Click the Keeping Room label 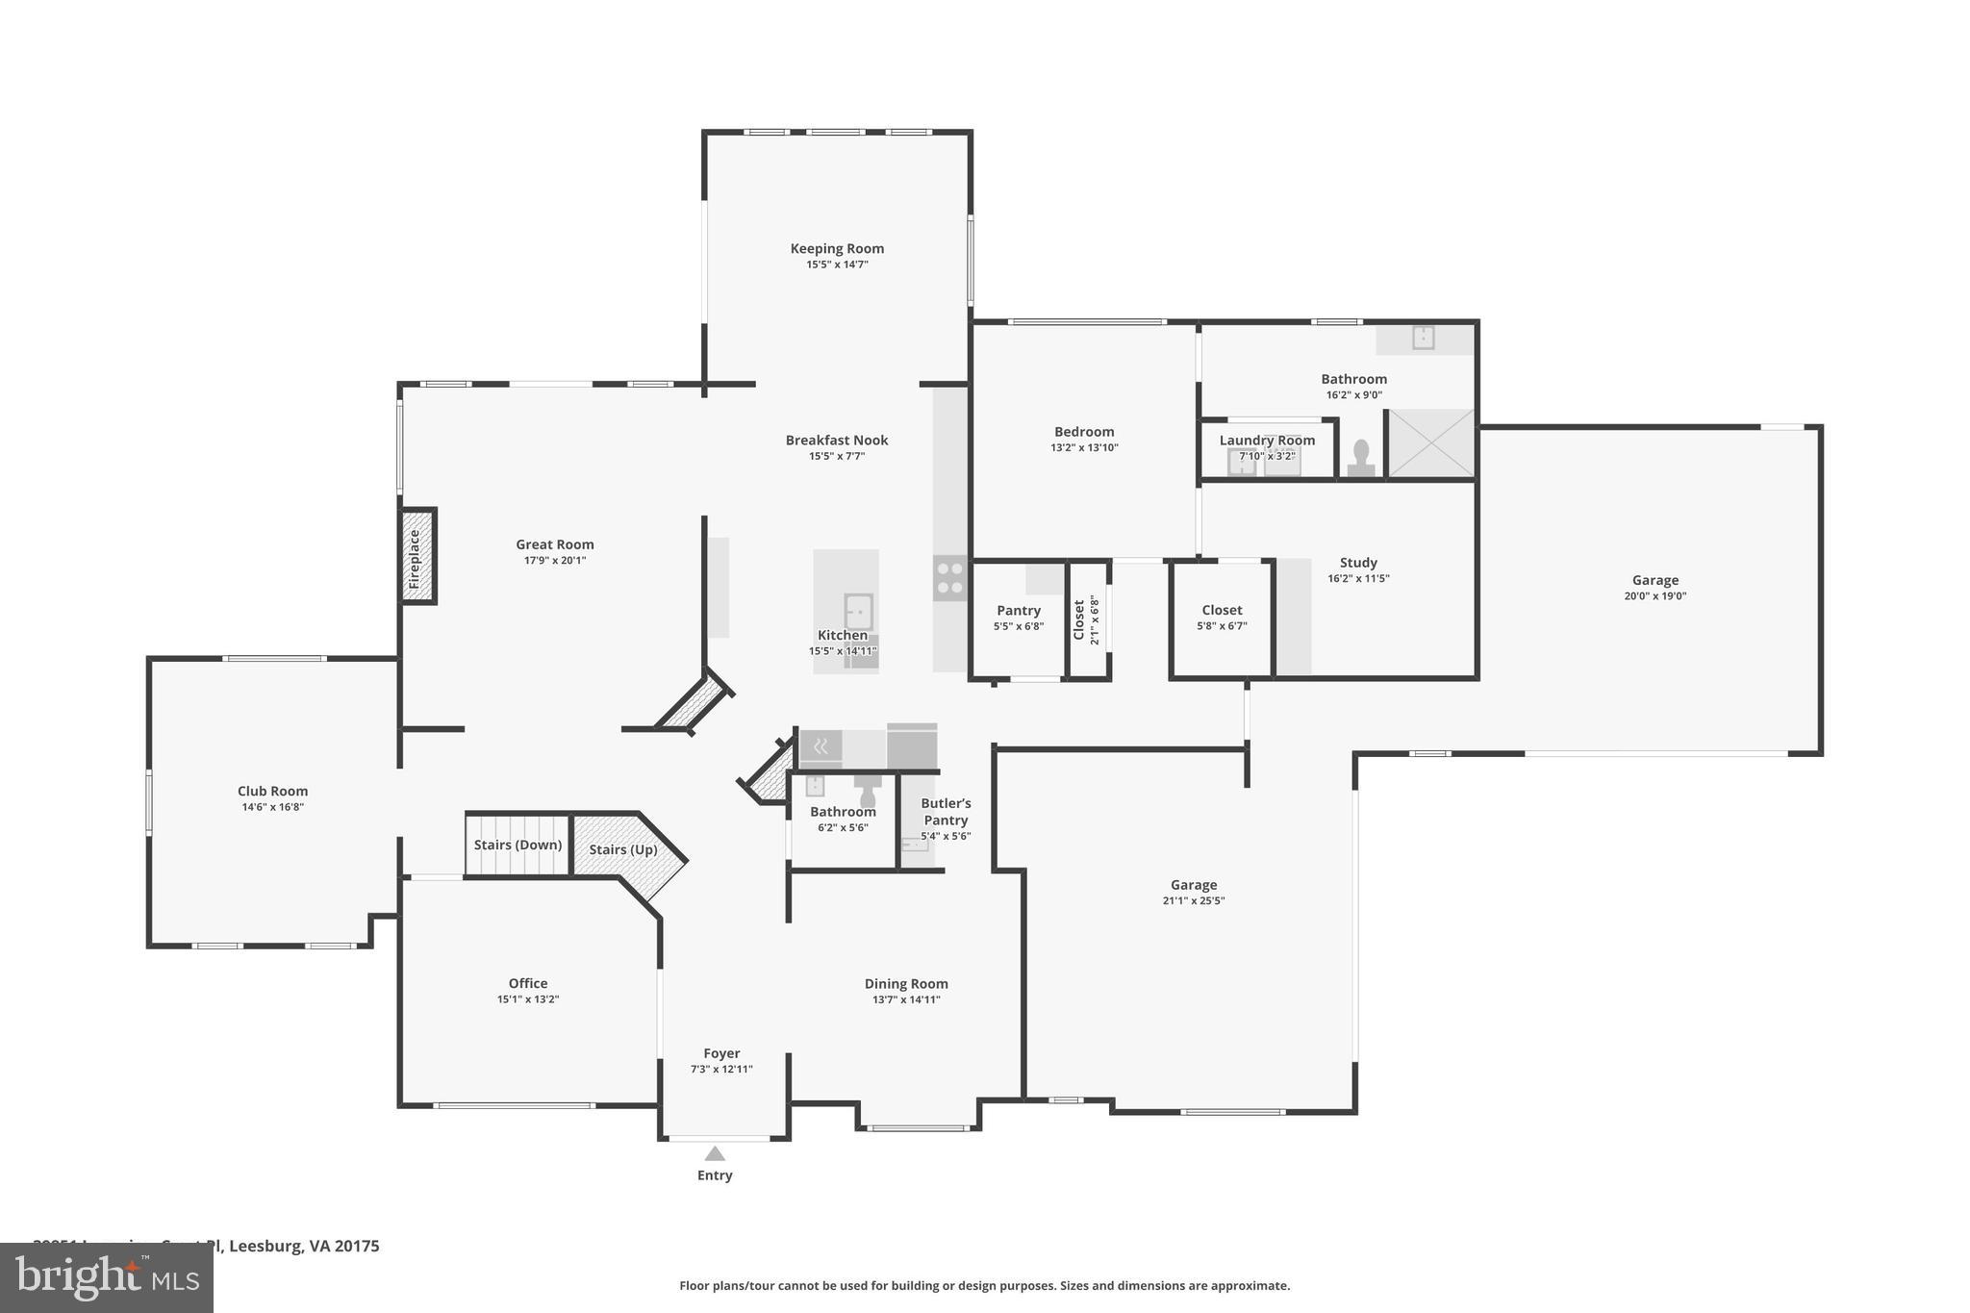pos(837,248)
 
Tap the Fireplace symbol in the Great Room pos(417,557)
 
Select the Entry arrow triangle pos(714,1153)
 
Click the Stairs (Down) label pos(518,845)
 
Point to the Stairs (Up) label pos(622,849)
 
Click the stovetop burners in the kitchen pos(949,577)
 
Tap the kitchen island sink pos(858,611)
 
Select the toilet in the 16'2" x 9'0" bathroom pos(1360,457)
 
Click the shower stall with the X pos(1430,443)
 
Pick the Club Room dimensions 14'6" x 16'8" pos(272,807)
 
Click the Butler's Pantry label pos(946,812)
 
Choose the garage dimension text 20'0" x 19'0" pos(1654,596)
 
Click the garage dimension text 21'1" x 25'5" pos(1193,901)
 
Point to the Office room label pos(527,983)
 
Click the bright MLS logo pos(106,1277)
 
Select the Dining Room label pos(905,983)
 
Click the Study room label pos(1357,563)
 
